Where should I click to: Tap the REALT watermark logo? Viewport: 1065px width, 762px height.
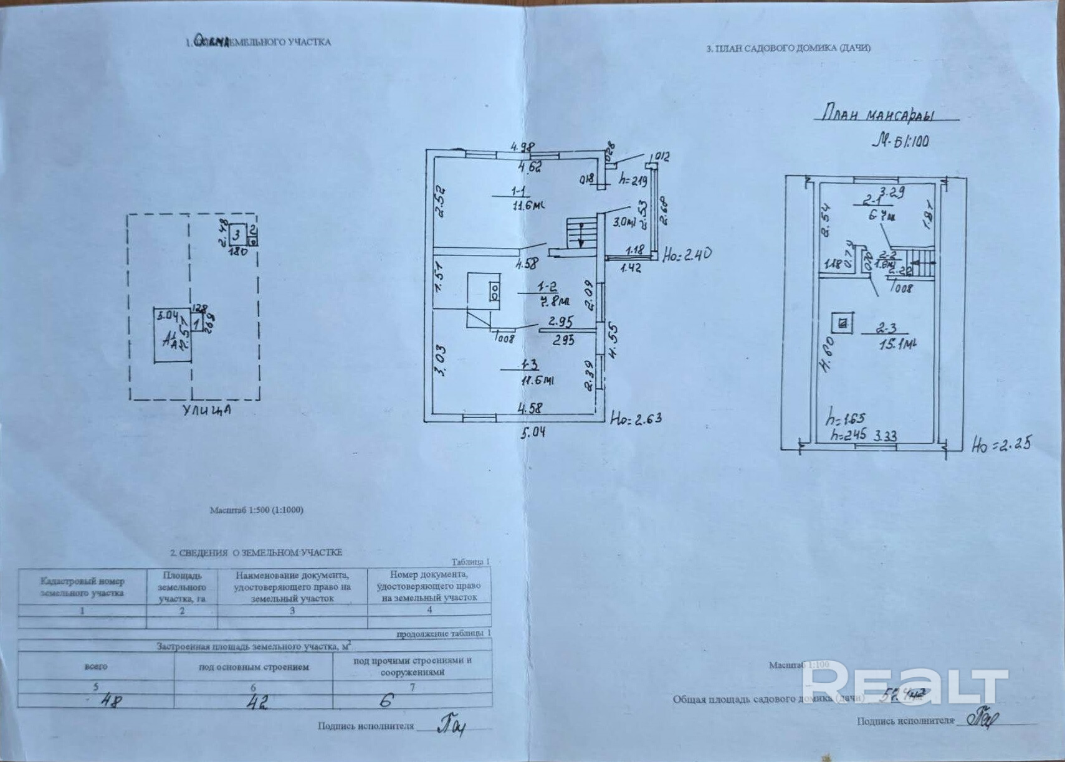click(x=904, y=686)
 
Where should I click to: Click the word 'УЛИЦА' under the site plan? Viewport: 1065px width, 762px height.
click(x=207, y=411)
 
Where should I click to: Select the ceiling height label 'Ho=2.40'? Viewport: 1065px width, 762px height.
click(x=686, y=254)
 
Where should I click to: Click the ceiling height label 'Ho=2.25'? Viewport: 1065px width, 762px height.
click(x=1001, y=444)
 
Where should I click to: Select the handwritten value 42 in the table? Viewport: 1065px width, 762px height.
click(x=257, y=702)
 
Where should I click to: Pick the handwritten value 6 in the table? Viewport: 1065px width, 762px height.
click(x=386, y=700)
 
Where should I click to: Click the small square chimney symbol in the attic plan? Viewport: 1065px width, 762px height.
click(x=843, y=323)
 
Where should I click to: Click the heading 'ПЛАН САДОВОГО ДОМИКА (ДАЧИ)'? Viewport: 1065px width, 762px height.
click(x=788, y=48)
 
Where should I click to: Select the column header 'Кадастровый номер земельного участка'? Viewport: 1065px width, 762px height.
click(x=82, y=587)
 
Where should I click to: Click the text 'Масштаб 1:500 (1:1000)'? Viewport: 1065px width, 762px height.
click(x=256, y=510)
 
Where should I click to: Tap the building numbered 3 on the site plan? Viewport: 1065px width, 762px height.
click(x=237, y=236)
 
